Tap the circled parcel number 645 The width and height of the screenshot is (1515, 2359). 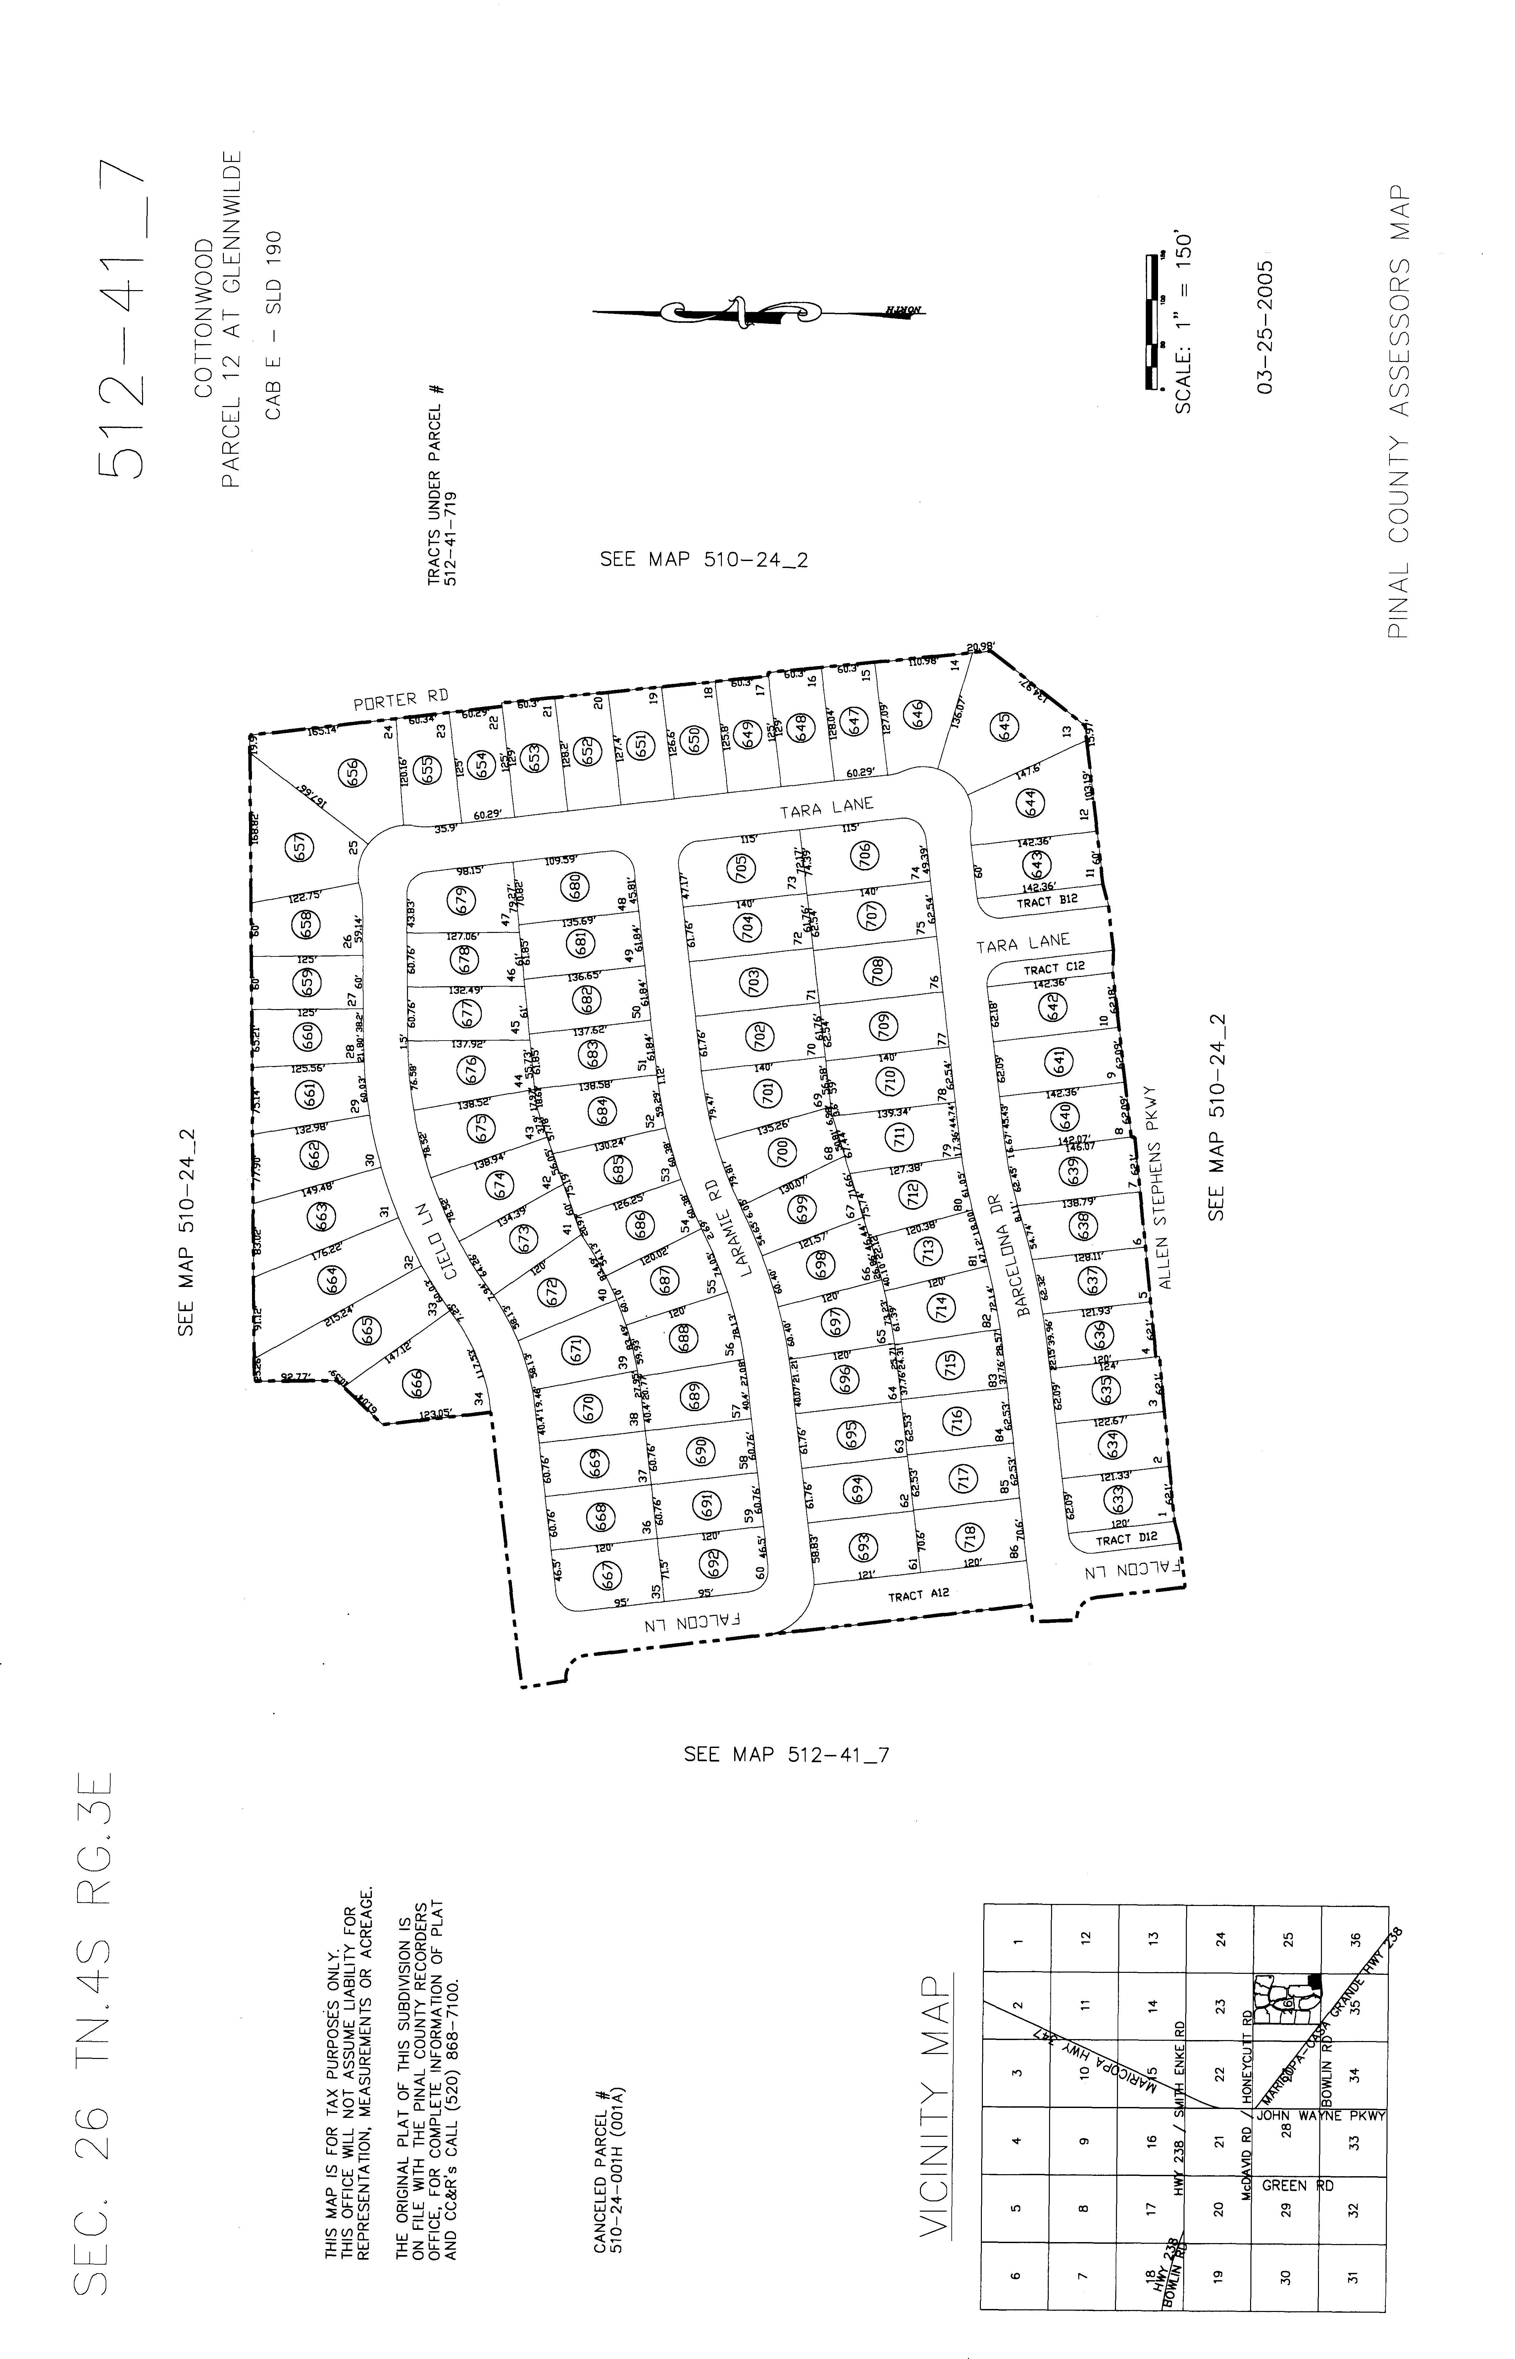click(x=1005, y=726)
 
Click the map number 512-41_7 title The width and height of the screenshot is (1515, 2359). click(x=124, y=320)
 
